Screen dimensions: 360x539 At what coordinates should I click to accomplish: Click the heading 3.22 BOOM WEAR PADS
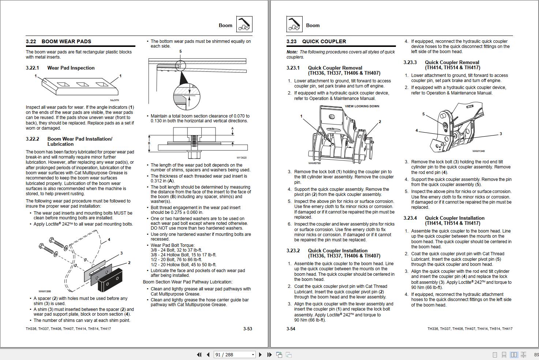pos(59,41)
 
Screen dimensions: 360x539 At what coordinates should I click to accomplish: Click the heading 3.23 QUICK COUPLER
pos(316,41)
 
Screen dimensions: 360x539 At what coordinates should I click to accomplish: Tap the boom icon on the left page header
pos(244,25)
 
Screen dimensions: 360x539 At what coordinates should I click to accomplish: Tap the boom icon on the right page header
pos(294,25)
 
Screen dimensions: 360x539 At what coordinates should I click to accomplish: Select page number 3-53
pos(248,329)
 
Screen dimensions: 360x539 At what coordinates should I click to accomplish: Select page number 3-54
pos(291,329)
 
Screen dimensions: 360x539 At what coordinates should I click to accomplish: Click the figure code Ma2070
pos(115,100)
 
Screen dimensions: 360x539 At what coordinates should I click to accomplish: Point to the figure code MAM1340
pos(478,151)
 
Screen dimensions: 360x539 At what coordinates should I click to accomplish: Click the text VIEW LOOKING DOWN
pos(362,106)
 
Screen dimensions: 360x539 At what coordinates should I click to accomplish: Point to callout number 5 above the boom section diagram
pos(180,52)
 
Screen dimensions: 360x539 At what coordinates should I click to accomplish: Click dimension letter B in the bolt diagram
pos(149,143)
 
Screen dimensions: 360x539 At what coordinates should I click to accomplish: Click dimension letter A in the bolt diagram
pos(232,129)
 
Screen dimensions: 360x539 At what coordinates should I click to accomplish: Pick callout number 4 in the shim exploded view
pos(109,240)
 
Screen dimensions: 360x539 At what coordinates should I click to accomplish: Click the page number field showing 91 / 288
pos(234,355)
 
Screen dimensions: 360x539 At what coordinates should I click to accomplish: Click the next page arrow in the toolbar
pos(260,355)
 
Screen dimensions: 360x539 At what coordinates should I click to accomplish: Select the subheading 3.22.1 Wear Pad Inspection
pos(60,68)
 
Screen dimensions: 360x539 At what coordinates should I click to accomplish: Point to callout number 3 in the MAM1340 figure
pos(501,134)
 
